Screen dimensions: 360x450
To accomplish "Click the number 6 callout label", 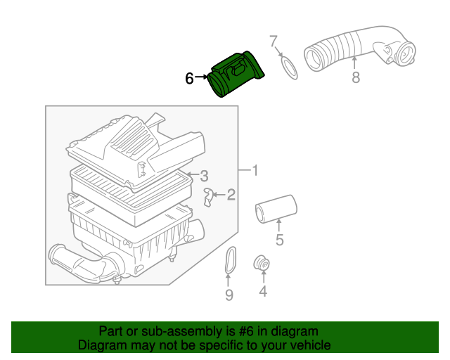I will click(189, 78).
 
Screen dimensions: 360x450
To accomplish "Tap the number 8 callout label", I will click(355, 78).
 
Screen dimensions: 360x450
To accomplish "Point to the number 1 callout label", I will click(255, 170).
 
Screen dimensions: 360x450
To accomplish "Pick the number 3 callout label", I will click(204, 175).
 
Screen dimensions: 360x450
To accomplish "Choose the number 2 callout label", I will click(231, 195).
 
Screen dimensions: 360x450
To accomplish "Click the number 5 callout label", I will click(279, 240).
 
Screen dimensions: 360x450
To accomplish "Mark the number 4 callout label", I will click(263, 291).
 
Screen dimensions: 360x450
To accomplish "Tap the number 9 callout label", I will click(229, 295).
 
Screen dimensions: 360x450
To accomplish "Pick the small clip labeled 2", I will click(209, 196).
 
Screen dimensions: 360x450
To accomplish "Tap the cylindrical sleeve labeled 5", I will click(276, 209).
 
